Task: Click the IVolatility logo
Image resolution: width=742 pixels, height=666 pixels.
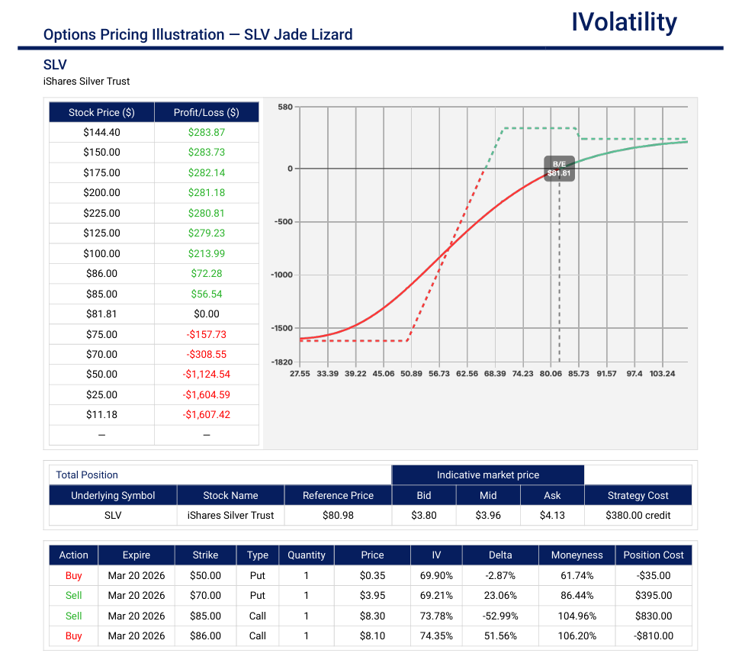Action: [624, 23]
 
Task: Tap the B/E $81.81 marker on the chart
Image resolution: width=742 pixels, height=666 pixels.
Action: [559, 169]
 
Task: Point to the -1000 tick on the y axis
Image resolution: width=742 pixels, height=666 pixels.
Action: [281, 275]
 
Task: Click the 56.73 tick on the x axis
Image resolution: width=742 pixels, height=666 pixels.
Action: [439, 374]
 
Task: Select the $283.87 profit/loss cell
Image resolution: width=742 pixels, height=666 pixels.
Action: [207, 132]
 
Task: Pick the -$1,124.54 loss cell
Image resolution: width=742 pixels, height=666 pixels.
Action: [207, 375]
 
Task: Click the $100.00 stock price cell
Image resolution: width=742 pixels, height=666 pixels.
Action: [101, 253]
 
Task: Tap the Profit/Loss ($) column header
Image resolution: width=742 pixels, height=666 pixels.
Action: [207, 112]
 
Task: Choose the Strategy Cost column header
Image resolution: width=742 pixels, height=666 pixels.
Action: [638, 495]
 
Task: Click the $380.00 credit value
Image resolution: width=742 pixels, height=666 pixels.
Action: [638, 515]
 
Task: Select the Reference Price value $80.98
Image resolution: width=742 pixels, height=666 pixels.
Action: [338, 515]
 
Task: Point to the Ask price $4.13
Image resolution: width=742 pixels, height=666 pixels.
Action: [552, 515]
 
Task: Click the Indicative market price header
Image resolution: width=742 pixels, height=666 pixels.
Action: [488, 475]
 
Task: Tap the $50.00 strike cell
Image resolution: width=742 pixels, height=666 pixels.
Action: [205, 575]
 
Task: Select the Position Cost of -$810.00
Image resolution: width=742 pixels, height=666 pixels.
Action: [654, 635]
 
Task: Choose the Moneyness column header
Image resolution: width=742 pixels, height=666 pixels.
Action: [577, 555]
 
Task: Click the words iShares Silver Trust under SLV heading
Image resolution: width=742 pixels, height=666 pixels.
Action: [87, 82]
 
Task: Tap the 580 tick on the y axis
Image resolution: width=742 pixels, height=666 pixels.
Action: [285, 108]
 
